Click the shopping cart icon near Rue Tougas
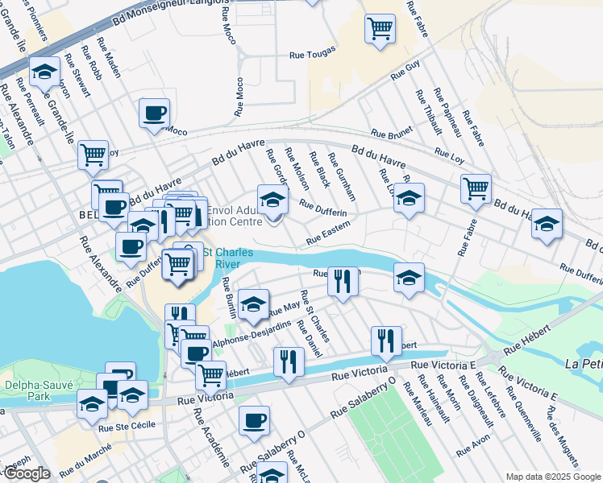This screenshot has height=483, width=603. coord(380,29)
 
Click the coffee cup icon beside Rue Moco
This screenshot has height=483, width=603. coord(153,114)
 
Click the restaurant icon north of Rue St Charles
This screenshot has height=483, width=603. coord(343,282)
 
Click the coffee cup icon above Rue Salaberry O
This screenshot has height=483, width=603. coord(255,420)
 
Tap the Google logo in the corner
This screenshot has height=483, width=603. coord(26,473)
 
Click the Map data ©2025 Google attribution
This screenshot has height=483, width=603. coord(552,477)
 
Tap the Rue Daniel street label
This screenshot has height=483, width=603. coord(310,338)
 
